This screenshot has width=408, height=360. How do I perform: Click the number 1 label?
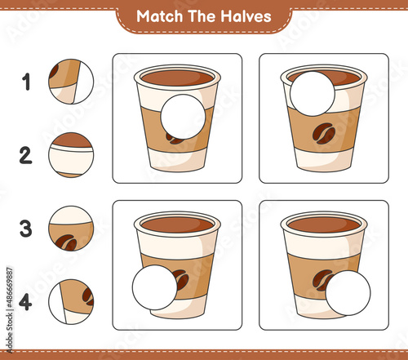tap(26, 82)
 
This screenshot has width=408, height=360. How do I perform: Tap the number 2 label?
tap(26, 155)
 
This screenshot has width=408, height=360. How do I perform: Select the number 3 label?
tap(26, 229)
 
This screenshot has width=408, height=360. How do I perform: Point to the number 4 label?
tap(25, 302)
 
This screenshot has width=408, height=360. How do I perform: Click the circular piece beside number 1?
tap(71, 82)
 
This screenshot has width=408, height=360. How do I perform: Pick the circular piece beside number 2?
tap(71, 155)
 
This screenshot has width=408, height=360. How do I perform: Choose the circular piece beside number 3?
tap(71, 229)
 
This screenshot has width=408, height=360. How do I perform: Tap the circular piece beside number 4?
tap(71, 302)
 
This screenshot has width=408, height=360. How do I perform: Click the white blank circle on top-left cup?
tap(183, 117)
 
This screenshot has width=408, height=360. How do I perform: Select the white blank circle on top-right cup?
tap(313, 94)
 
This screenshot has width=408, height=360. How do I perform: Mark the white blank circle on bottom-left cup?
tap(155, 287)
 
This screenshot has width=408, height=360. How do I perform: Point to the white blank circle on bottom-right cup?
tap(348, 293)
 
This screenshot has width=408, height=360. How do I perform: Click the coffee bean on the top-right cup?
tap(324, 133)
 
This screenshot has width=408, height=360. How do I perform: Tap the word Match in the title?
tap(159, 16)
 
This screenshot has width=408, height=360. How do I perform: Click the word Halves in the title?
tap(246, 16)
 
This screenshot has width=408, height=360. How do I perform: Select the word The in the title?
tap(202, 16)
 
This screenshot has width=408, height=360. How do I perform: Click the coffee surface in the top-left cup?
tap(177, 78)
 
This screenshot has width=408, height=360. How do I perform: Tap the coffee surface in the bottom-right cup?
tap(324, 224)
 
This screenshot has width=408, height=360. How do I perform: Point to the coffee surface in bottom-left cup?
tap(177, 224)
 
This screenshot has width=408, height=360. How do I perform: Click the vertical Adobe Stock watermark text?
tap(10, 310)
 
